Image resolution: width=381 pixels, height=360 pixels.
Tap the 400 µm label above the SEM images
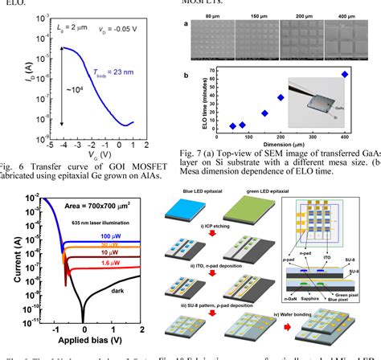click(x=346, y=15)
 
